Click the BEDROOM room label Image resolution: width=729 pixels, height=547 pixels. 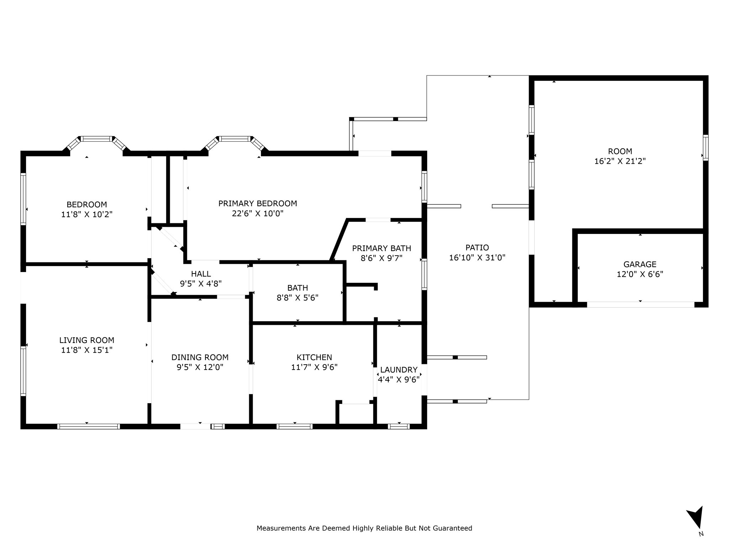pos(86,204)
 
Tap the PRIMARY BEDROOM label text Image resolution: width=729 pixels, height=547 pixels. pos(258,203)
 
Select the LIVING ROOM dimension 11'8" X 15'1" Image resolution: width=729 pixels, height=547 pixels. pos(87,350)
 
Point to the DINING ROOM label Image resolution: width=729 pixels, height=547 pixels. pos(200,357)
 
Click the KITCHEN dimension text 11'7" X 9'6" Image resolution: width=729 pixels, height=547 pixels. pos(314,367)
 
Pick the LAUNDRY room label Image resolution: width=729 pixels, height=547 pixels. pos(399,370)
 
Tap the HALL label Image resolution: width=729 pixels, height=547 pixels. pos(201,274)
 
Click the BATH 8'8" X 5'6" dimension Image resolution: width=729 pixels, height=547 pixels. pos(298,298)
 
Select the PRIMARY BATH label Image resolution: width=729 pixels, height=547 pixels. pos(382,248)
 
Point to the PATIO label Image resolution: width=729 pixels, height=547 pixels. pos(477,248)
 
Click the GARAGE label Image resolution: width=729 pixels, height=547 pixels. pos(640,264)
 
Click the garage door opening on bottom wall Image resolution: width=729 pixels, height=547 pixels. pos(640,304)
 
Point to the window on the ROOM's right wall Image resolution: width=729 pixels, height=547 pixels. pos(706,147)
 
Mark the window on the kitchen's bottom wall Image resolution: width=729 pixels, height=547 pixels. pos(294,426)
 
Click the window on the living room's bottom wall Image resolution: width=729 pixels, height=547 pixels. pos(88,426)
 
